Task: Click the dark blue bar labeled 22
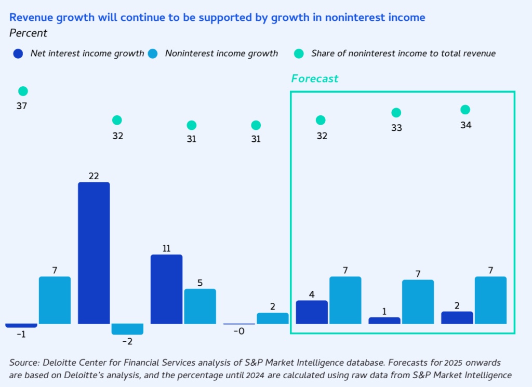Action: [x=94, y=253]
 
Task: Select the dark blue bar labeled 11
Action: [x=167, y=289]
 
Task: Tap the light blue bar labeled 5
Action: [x=200, y=306]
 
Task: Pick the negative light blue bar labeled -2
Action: [x=127, y=329]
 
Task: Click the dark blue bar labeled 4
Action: [x=312, y=312]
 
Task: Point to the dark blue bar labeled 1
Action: [x=384, y=321]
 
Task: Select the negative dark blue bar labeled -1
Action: [x=21, y=325]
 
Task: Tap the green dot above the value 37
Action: [x=23, y=91]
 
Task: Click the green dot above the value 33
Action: [x=396, y=113]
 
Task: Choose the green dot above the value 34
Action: [x=465, y=110]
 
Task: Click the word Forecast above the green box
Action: [x=314, y=79]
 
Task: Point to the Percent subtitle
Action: [x=29, y=33]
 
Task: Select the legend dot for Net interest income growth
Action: [x=18, y=54]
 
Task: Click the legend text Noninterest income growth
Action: [x=221, y=54]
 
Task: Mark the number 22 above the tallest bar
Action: [x=94, y=177]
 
